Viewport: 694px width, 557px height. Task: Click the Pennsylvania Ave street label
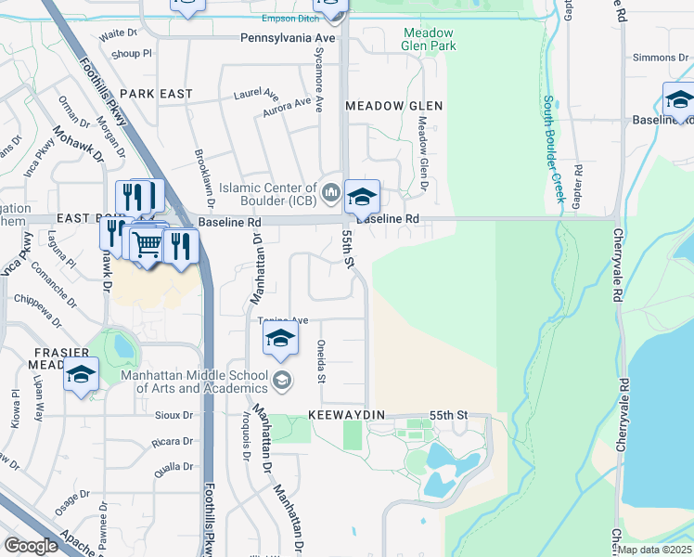click(287, 38)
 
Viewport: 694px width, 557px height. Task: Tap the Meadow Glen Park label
click(429, 38)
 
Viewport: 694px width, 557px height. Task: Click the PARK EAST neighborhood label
click(156, 94)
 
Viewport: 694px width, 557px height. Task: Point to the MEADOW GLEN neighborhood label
click(393, 106)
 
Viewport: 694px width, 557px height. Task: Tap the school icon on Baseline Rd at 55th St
click(363, 196)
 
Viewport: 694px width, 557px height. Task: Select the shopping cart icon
click(147, 245)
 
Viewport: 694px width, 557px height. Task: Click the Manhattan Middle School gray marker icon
click(282, 380)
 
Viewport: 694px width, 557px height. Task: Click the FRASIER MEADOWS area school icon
click(82, 374)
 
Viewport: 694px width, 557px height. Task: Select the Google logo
click(31, 545)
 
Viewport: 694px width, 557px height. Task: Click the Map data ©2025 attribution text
click(655, 550)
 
